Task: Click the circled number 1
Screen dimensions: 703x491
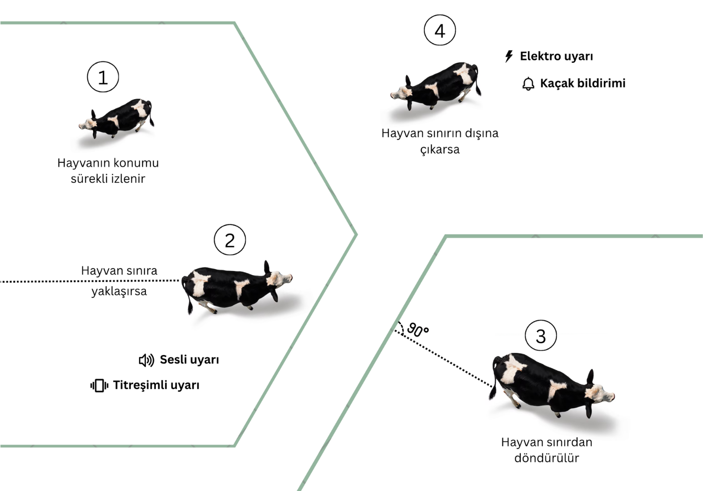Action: pyautogui.click(x=103, y=77)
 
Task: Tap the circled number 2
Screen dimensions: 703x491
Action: pyautogui.click(x=230, y=240)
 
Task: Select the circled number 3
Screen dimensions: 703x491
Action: pyautogui.click(x=541, y=336)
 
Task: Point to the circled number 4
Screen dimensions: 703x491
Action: pyautogui.click(x=440, y=30)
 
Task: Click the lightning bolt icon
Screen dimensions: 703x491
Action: pyautogui.click(x=509, y=56)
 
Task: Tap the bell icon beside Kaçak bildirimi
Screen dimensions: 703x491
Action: pyautogui.click(x=528, y=84)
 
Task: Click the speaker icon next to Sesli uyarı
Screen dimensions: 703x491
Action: pyautogui.click(x=146, y=361)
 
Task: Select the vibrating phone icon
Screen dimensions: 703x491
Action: pyautogui.click(x=99, y=386)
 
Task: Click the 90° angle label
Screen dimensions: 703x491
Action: pyautogui.click(x=418, y=330)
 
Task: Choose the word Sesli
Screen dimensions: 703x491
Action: pyautogui.click(x=173, y=360)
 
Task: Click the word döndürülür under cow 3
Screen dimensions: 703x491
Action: pyautogui.click(x=547, y=458)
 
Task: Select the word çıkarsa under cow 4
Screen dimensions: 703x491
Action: pyautogui.click(x=440, y=150)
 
